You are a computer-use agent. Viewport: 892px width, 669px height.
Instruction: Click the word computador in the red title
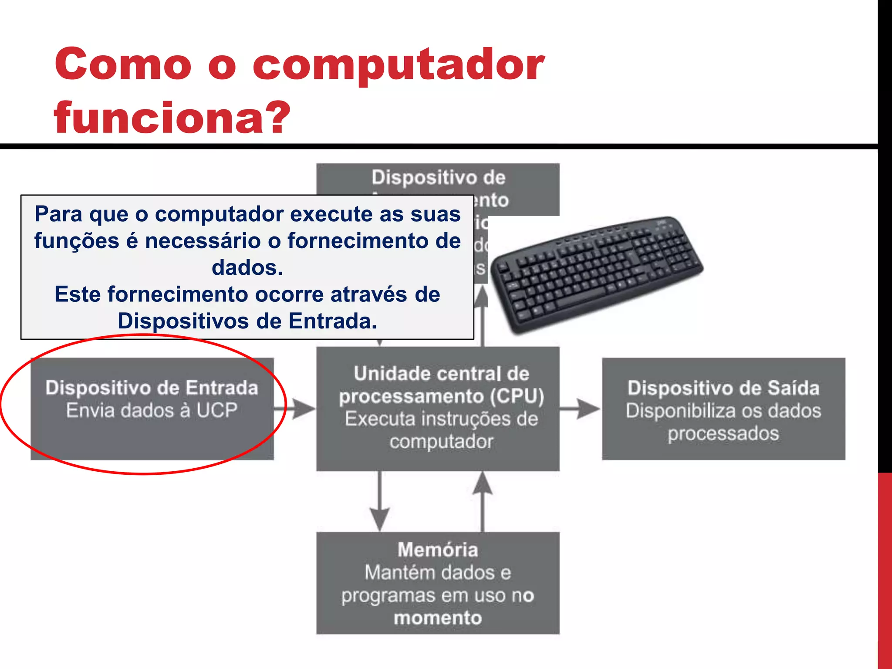click(x=398, y=65)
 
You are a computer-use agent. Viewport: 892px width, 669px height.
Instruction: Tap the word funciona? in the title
click(x=172, y=118)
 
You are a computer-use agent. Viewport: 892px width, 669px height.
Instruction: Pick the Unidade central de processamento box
click(x=438, y=409)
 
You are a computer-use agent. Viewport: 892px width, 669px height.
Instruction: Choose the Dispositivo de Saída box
click(x=723, y=409)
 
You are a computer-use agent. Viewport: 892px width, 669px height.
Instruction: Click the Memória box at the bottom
click(x=438, y=583)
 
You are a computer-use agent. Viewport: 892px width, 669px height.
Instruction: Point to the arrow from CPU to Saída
click(x=581, y=409)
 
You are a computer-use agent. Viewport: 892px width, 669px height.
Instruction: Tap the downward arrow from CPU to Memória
click(x=380, y=501)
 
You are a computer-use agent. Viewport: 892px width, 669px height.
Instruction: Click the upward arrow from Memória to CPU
click(x=483, y=501)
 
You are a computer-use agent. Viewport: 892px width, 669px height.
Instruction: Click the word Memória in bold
click(x=438, y=550)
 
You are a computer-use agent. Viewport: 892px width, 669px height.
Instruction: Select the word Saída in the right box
click(x=793, y=388)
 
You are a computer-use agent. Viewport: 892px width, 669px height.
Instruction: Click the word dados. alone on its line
click(x=247, y=267)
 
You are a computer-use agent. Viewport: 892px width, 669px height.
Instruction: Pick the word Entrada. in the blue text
click(x=333, y=321)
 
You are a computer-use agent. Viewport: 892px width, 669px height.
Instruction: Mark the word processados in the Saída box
click(x=723, y=433)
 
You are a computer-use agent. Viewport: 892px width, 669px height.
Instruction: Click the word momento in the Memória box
click(x=438, y=618)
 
